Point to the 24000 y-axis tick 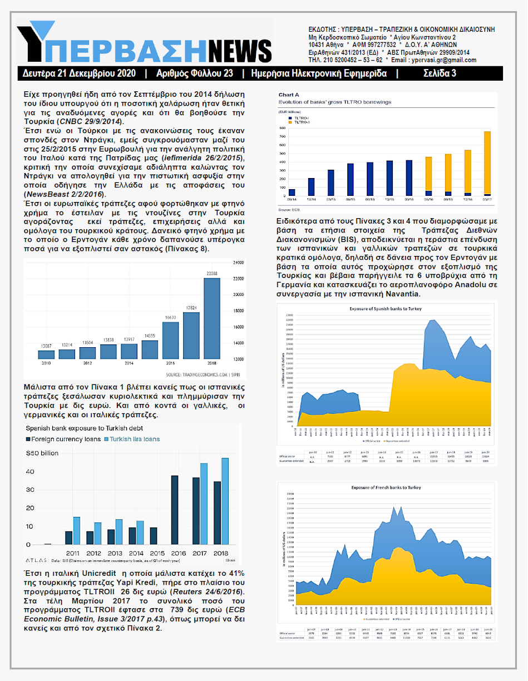(x=239, y=262)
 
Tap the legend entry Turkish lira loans (x=134, y=439)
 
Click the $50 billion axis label (x=42, y=453)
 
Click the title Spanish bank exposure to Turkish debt (x=83, y=428)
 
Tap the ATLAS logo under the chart (x=37, y=561)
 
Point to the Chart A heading (x=289, y=95)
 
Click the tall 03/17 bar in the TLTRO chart (x=487, y=164)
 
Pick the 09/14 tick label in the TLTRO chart (x=292, y=199)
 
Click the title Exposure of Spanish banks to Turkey (x=386, y=308)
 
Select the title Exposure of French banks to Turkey (x=386, y=488)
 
